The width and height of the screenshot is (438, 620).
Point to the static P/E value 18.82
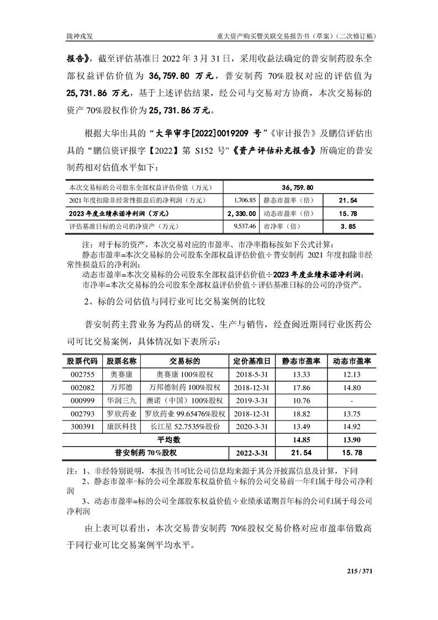click(x=300, y=413)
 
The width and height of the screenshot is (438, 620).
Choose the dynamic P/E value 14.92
click(x=351, y=427)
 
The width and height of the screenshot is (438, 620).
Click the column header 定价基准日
click(x=251, y=361)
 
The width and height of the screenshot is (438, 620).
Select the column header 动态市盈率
click(x=352, y=361)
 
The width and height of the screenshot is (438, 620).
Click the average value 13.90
click(x=351, y=440)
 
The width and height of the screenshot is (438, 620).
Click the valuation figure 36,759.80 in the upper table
click(x=298, y=187)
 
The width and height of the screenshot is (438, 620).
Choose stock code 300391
click(x=81, y=427)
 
